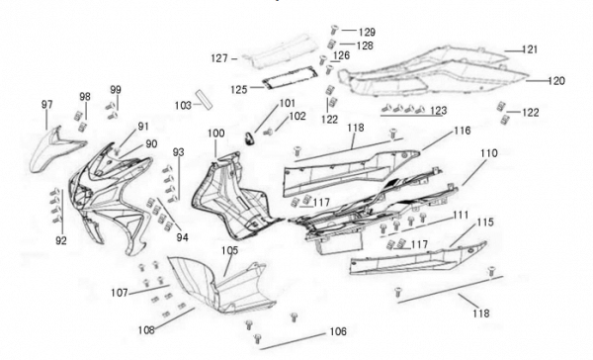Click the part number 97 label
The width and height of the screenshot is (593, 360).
pos(46,104)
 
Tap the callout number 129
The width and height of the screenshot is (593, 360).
pos(367,33)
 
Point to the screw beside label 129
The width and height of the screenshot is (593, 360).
pos(334,29)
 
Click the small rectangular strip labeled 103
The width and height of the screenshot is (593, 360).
pos(204,99)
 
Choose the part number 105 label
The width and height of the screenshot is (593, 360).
pos(230,250)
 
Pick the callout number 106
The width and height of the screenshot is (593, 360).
pos(338,331)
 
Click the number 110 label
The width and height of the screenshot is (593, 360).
pos(489,153)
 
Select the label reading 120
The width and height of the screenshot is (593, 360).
pos(555,81)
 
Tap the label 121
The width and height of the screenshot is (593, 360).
pos(530,49)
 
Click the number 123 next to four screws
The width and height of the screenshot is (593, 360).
pos(438,110)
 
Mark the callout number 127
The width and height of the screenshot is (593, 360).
pos(219,58)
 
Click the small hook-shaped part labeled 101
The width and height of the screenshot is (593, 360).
pos(249,138)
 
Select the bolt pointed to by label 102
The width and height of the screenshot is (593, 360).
pos(268,133)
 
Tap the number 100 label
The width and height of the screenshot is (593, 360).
pos(215,134)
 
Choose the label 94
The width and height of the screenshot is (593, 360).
pos(182,237)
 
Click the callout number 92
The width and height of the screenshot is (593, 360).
pos(61,240)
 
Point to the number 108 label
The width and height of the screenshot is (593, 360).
pos(146,330)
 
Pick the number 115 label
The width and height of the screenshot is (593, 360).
pos(485,222)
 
